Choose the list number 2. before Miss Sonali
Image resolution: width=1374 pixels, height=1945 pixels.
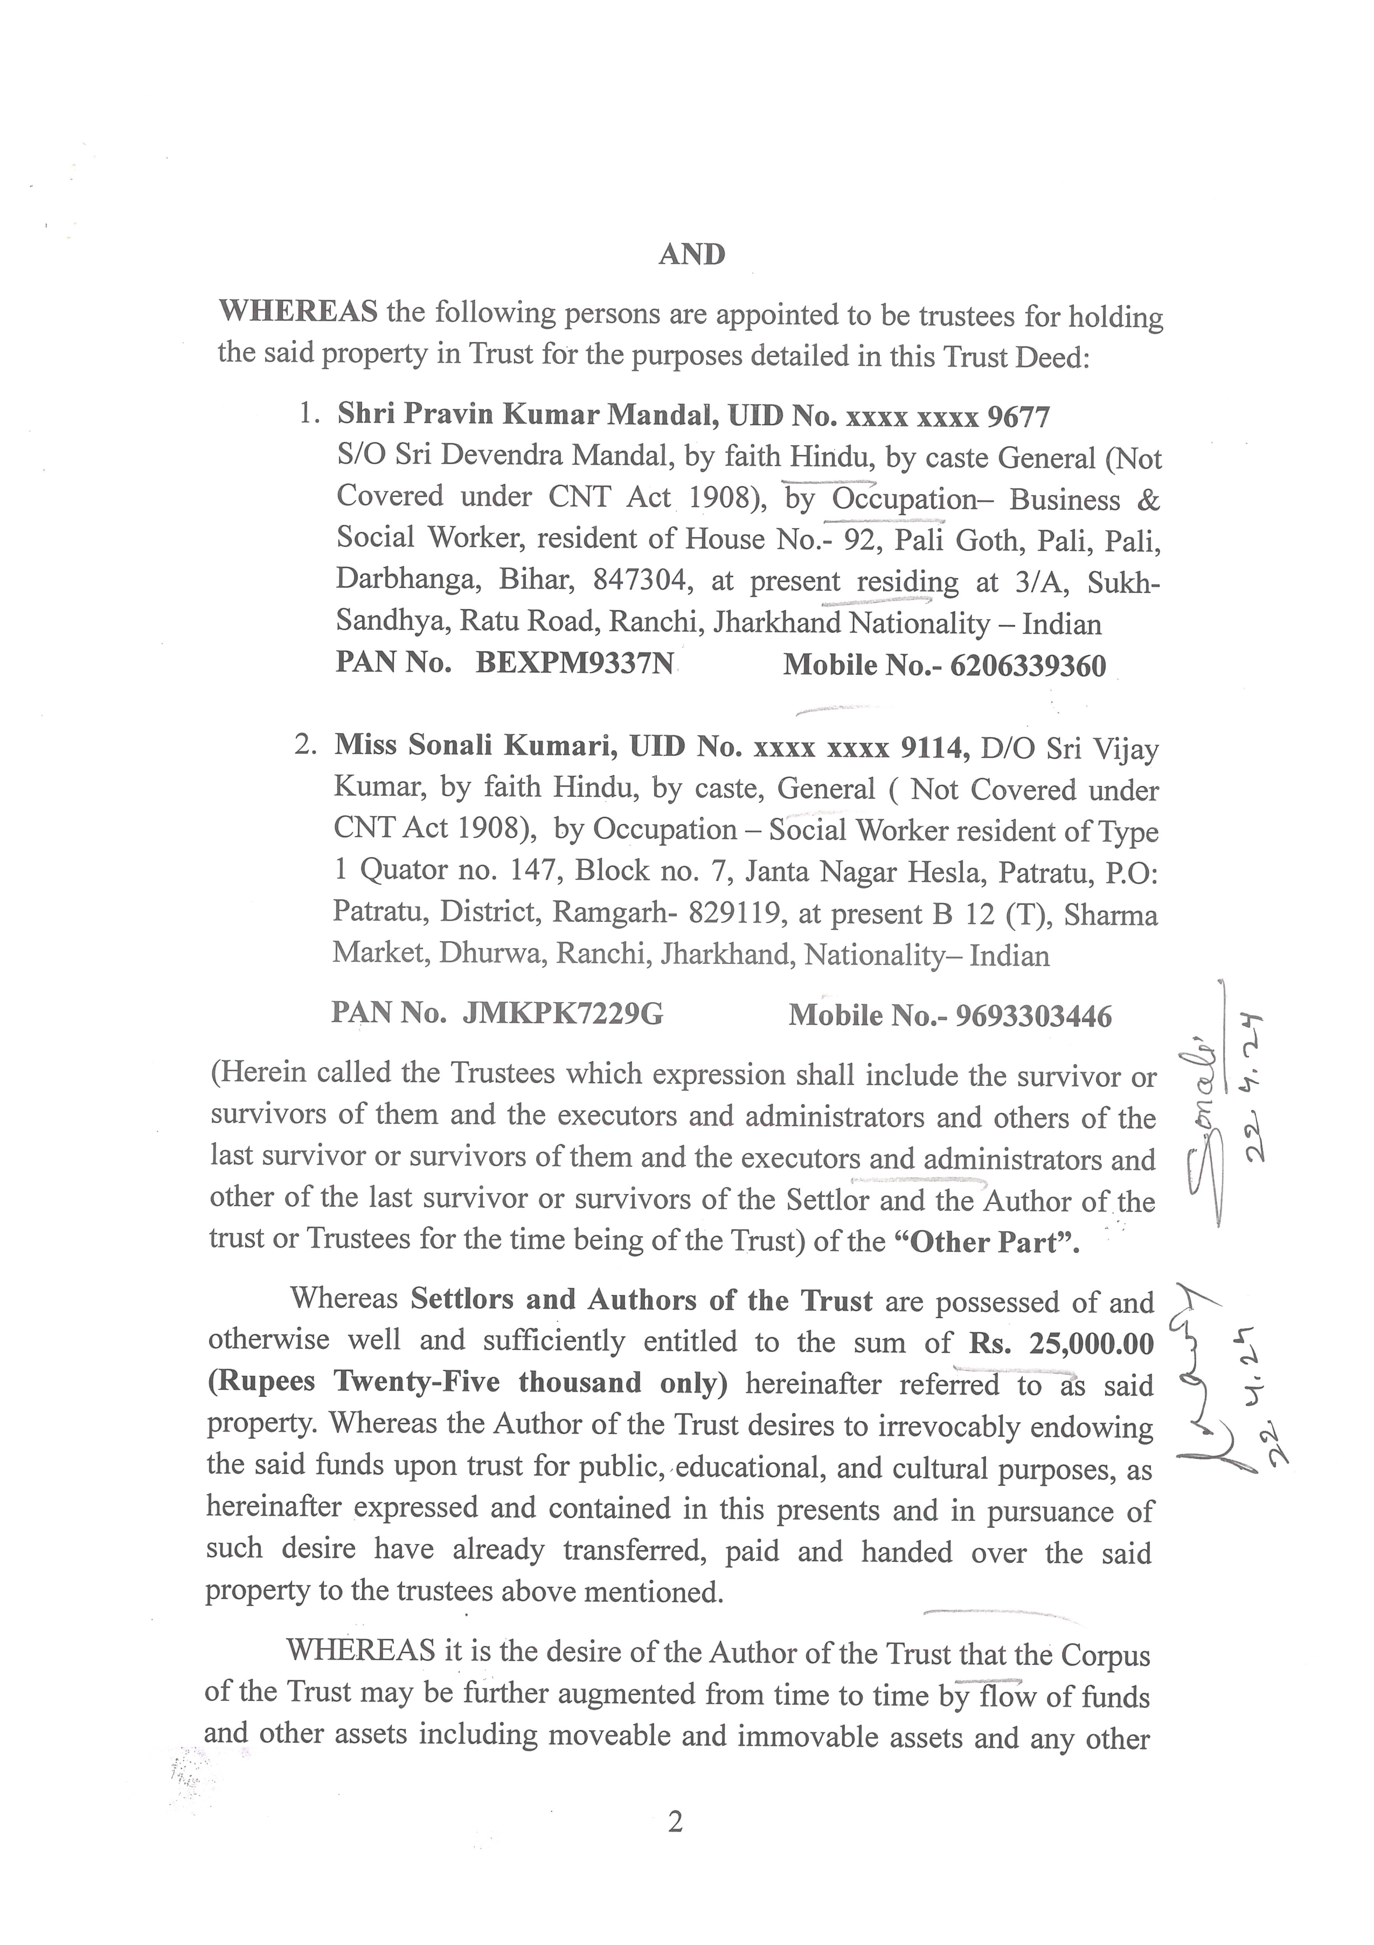(x=306, y=745)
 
